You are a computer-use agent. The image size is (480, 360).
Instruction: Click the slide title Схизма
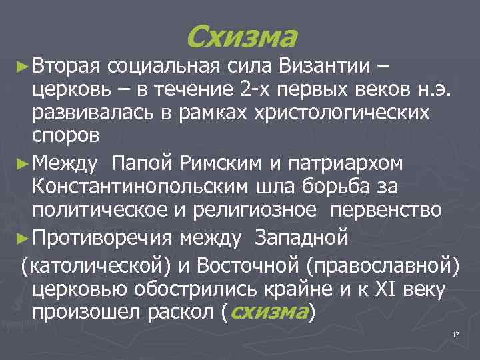click(241, 37)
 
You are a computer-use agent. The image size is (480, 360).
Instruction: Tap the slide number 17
click(456, 333)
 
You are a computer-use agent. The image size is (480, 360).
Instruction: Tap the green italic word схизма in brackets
click(268, 311)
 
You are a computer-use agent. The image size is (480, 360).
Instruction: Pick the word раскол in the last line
click(185, 311)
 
